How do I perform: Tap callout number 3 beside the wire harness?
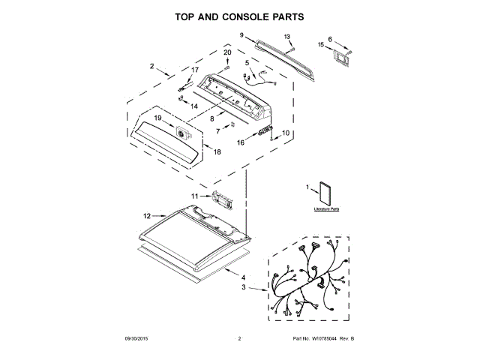(x=243, y=287)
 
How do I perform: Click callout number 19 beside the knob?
(x=158, y=118)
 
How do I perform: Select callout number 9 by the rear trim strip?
(x=242, y=34)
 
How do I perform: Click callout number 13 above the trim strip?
(x=287, y=36)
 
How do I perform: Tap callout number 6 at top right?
(x=329, y=38)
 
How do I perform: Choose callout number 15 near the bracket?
(x=320, y=45)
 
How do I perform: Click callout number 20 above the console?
(x=228, y=52)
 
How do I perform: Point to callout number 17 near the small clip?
(x=195, y=70)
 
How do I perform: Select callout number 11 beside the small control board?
(x=195, y=196)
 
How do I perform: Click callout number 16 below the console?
(x=241, y=142)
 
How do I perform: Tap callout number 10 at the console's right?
(x=285, y=133)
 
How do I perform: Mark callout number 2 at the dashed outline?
(x=152, y=67)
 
